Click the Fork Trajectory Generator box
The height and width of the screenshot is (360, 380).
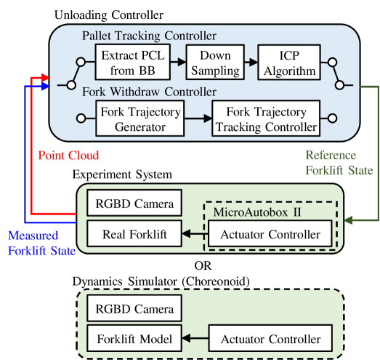(139, 119)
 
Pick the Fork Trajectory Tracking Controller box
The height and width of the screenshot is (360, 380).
(266, 119)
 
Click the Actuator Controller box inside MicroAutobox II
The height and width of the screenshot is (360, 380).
(270, 234)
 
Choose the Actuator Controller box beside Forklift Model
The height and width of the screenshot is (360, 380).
(270, 339)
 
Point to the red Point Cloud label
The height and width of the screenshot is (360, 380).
(68, 156)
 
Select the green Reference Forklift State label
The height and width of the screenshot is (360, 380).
(339, 163)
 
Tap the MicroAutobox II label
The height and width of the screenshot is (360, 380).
(251, 211)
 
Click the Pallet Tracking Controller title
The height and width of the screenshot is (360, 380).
(149, 35)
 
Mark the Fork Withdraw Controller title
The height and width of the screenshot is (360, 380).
(149, 92)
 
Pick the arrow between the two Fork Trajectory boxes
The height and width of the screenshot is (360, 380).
(197, 119)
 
